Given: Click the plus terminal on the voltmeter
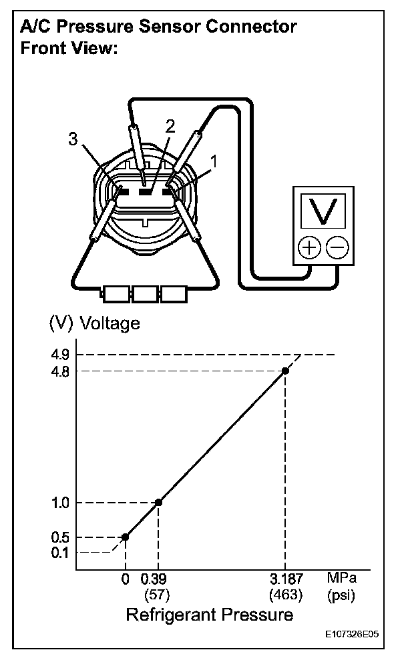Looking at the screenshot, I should pyautogui.click(x=309, y=248).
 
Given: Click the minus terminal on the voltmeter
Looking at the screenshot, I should pyautogui.click(x=338, y=248).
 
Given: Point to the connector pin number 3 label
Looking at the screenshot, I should pyautogui.click(x=73, y=139).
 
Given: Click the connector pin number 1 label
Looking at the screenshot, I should pyautogui.click(x=214, y=161).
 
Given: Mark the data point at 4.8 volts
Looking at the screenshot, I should pyautogui.click(x=286, y=371).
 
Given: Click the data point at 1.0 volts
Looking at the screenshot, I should pyautogui.click(x=158, y=502).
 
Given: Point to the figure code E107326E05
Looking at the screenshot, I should pyautogui.click(x=352, y=636).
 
